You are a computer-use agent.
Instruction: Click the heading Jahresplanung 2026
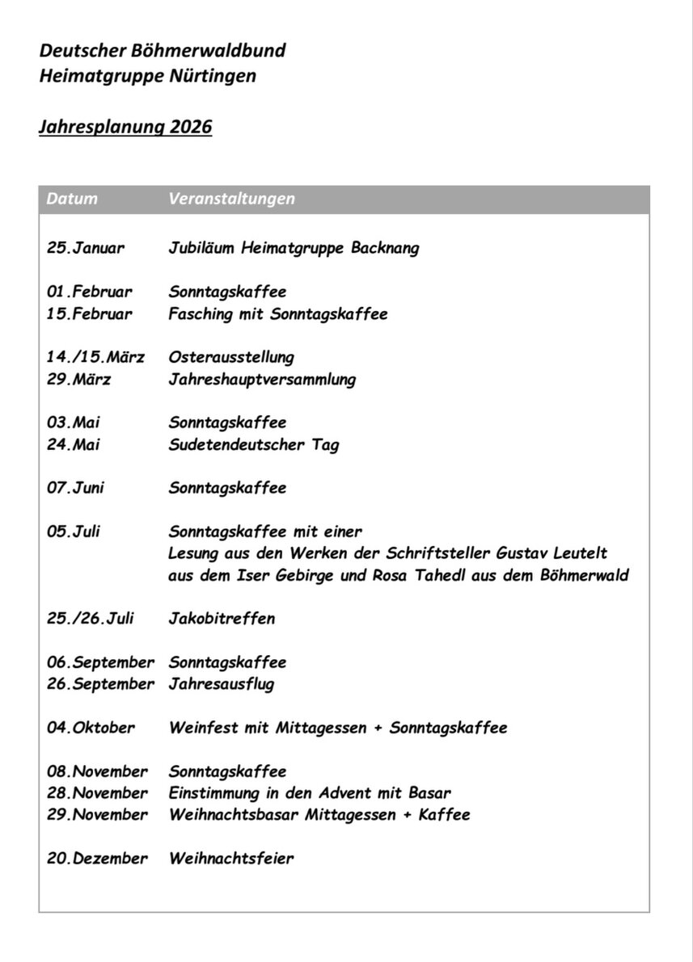pyautogui.click(x=125, y=128)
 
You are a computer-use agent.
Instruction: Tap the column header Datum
pyautogui.click(x=72, y=199)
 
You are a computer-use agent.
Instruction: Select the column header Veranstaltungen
pyautogui.click(x=232, y=199)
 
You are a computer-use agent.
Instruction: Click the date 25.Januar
pyautogui.click(x=86, y=248)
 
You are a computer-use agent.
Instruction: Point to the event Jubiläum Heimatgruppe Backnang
pyautogui.click(x=294, y=248)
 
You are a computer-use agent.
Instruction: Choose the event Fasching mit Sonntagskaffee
pyautogui.click(x=278, y=313)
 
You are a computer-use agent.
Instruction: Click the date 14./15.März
pyautogui.click(x=95, y=357)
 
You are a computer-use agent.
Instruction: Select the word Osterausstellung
pyautogui.click(x=231, y=357)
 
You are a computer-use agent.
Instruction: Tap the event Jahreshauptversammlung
pyautogui.click(x=262, y=379)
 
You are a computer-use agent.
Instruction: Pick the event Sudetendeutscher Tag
pyautogui.click(x=254, y=444)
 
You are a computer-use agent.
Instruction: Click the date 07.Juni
pyautogui.click(x=75, y=488)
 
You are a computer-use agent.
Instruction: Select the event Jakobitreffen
pyautogui.click(x=222, y=619)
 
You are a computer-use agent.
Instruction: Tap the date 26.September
pyautogui.click(x=100, y=684)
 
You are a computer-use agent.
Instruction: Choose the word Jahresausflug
pyautogui.click(x=222, y=684)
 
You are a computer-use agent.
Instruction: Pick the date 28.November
pyautogui.click(x=97, y=793)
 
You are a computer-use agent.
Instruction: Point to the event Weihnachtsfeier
pyautogui.click(x=231, y=859)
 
